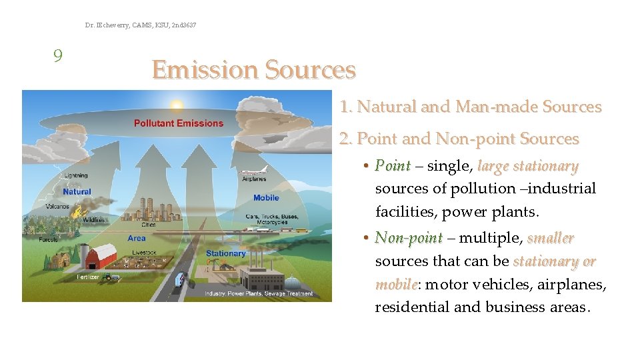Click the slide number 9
[58, 55]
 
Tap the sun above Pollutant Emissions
[177, 105]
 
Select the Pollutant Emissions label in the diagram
[179, 123]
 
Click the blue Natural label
[77, 192]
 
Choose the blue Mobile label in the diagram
[266, 198]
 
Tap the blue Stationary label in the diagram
[225, 253]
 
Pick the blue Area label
[136, 238]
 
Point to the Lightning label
[75, 176]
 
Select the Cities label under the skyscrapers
[148, 225]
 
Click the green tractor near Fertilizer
[107, 277]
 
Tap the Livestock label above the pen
[144, 253]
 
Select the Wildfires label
[93, 220]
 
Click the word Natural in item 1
[385, 107]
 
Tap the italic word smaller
[550, 238]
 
